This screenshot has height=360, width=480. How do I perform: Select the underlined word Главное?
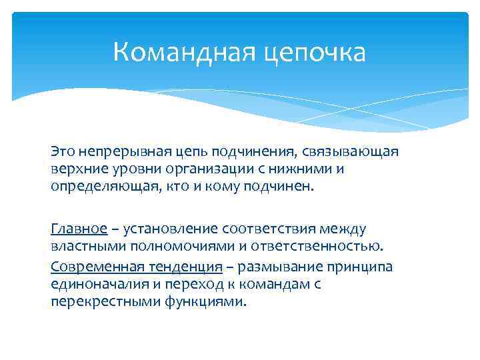click(79, 229)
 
